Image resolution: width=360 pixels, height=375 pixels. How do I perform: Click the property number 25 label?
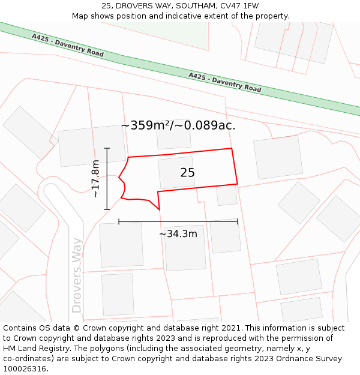click(187, 173)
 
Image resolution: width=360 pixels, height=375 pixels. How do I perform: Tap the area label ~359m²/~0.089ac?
click(178, 125)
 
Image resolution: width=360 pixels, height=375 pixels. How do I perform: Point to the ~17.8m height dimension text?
click(95, 179)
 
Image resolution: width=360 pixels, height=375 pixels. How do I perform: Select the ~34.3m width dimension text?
click(178, 234)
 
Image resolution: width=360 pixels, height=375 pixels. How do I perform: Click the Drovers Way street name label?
click(77, 275)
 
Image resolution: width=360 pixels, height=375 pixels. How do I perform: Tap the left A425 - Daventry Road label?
click(68, 46)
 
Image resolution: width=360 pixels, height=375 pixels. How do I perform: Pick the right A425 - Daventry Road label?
click(225, 82)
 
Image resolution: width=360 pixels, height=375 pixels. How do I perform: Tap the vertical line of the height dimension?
click(107, 179)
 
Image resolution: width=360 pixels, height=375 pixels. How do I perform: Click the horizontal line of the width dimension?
click(178, 221)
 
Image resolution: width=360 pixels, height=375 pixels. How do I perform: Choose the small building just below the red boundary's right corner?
click(227, 195)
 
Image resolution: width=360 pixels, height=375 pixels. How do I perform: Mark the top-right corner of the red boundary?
click(232, 148)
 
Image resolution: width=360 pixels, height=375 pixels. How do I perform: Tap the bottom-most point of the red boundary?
click(160, 210)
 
